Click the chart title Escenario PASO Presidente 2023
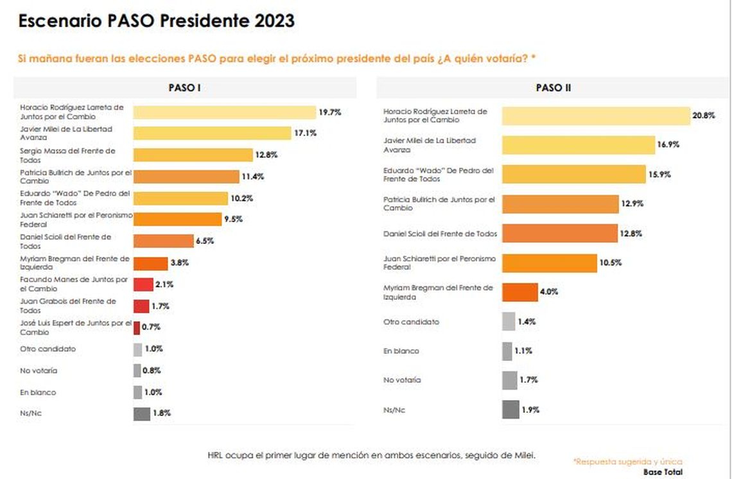click(157, 21)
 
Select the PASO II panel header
click(553, 88)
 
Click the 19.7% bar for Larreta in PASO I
click(224, 112)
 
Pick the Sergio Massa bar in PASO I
click(193, 155)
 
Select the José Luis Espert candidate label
click(75, 327)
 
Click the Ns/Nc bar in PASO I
click(141, 414)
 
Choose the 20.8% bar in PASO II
click(595, 116)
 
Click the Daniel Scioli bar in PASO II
click(559, 233)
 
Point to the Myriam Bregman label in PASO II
click(437, 293)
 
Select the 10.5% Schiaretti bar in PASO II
click(549, 263)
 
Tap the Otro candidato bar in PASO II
click(508, 321)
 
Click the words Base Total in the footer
click(663, 472)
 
